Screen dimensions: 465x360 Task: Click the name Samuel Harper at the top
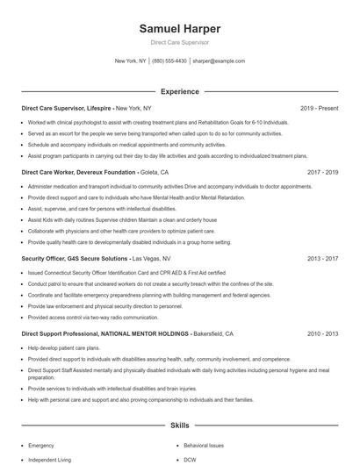(179, 29)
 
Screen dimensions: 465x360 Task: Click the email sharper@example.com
(218, 61)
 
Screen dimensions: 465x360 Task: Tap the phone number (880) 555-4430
(169, 61)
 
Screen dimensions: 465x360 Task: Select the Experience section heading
(179, 91)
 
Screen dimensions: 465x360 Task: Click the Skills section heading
(179, 425)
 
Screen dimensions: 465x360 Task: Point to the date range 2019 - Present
(319, 108)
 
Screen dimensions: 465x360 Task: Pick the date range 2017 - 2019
(322, 173)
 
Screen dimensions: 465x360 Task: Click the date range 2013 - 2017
(322, 259)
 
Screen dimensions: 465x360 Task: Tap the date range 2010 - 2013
(322, 334)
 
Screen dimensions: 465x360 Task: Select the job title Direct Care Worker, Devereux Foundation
(78, 173)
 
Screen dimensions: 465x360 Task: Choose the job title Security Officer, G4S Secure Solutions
(74, 259)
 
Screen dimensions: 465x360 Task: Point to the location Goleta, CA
(155, 173)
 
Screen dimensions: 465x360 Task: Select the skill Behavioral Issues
(205, 446)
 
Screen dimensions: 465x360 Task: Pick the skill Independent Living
(48, 460)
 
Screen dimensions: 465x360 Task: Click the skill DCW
(191, 460)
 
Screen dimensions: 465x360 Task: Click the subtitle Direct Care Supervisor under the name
(179, 42)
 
